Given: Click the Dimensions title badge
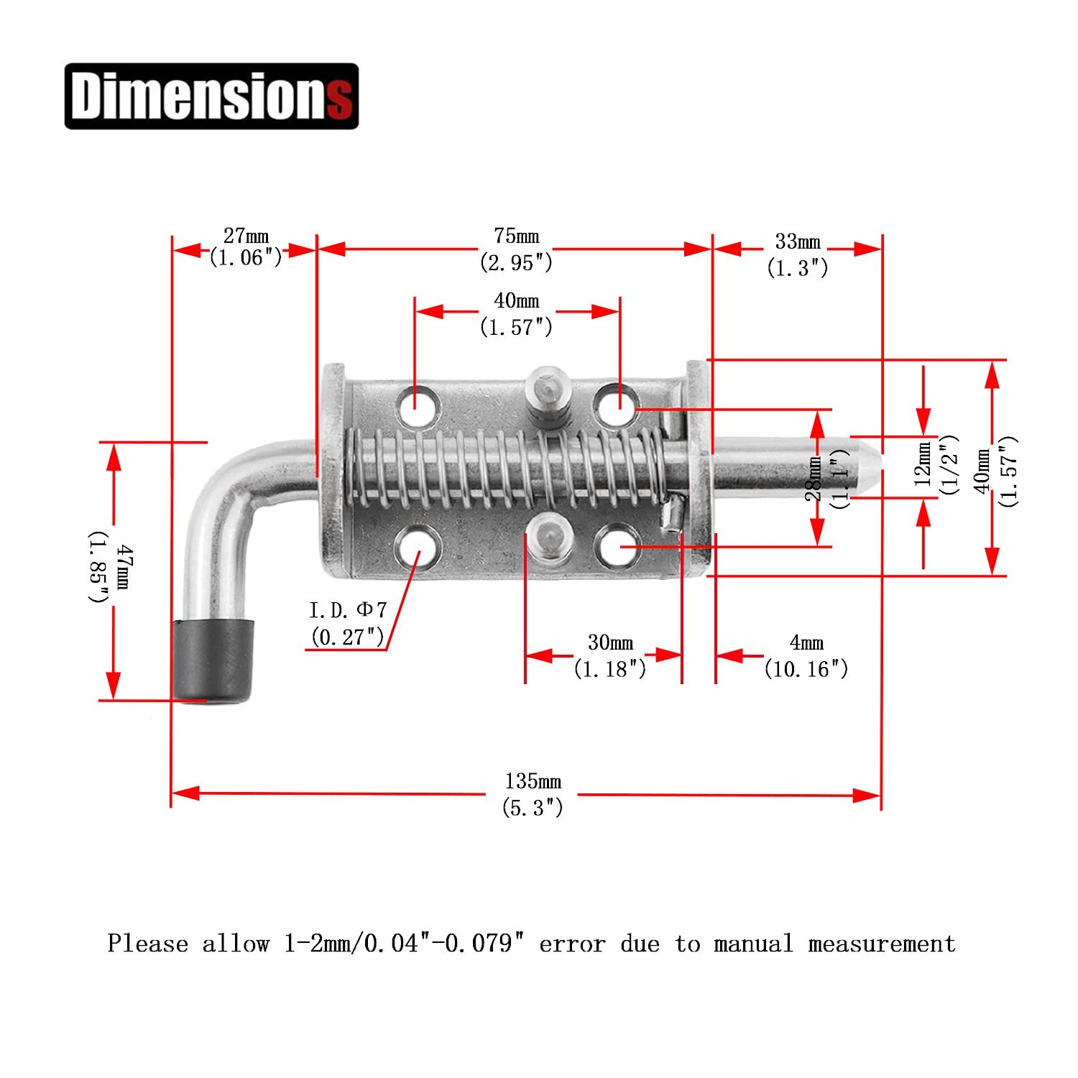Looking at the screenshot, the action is [211, 96].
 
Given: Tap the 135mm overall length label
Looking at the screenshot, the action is [533, 781].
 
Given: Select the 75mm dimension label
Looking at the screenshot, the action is [517, 236].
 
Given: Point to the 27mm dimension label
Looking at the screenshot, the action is [246, 236].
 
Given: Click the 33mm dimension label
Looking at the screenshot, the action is [798, 241].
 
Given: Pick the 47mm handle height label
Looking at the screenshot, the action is [122, 567].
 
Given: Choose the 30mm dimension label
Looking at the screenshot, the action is [610, 642].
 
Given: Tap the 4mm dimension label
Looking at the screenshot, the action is [806, 642].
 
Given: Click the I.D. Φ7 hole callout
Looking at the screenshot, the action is [348, 610].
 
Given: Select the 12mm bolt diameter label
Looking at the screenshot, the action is [924, 464].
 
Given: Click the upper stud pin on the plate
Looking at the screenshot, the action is [548, 399].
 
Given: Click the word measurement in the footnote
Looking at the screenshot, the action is [882, 944].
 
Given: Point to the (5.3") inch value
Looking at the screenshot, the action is [533, 808].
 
